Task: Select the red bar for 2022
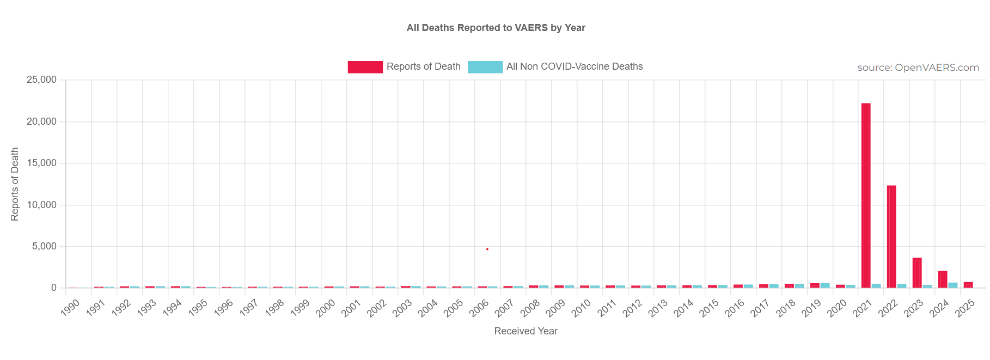coord(891,236)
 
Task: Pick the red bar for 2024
coord(943,279)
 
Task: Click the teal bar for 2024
coord(953,285)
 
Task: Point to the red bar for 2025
coord(968,285)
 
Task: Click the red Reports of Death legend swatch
coord(365,67)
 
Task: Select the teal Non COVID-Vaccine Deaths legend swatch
coord(485,67)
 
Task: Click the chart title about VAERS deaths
coord(496,28)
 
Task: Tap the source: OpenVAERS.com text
coord(918,68)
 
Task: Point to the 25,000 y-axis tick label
coord(41,80)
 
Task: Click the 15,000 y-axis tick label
coord(41,163)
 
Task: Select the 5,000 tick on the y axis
coord(44,246)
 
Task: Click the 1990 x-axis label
coord(70,307)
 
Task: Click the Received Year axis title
coord(525,331)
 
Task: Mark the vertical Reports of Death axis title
coord(15,184)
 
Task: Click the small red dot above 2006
coord(487,249)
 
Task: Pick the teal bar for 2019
coord(825,285)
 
